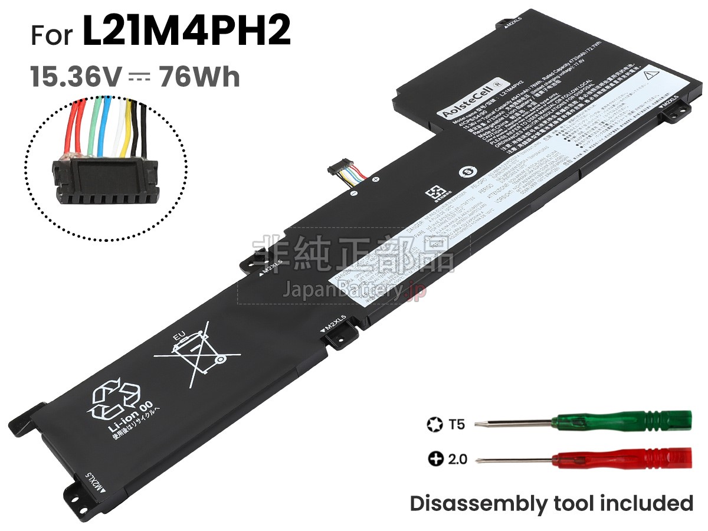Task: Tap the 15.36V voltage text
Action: coord(77,77)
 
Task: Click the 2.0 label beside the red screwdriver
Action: coord(457,458)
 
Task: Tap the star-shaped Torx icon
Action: coord(434,424)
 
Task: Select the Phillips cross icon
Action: coord(435,458)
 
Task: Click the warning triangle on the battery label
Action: coord(651,76)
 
